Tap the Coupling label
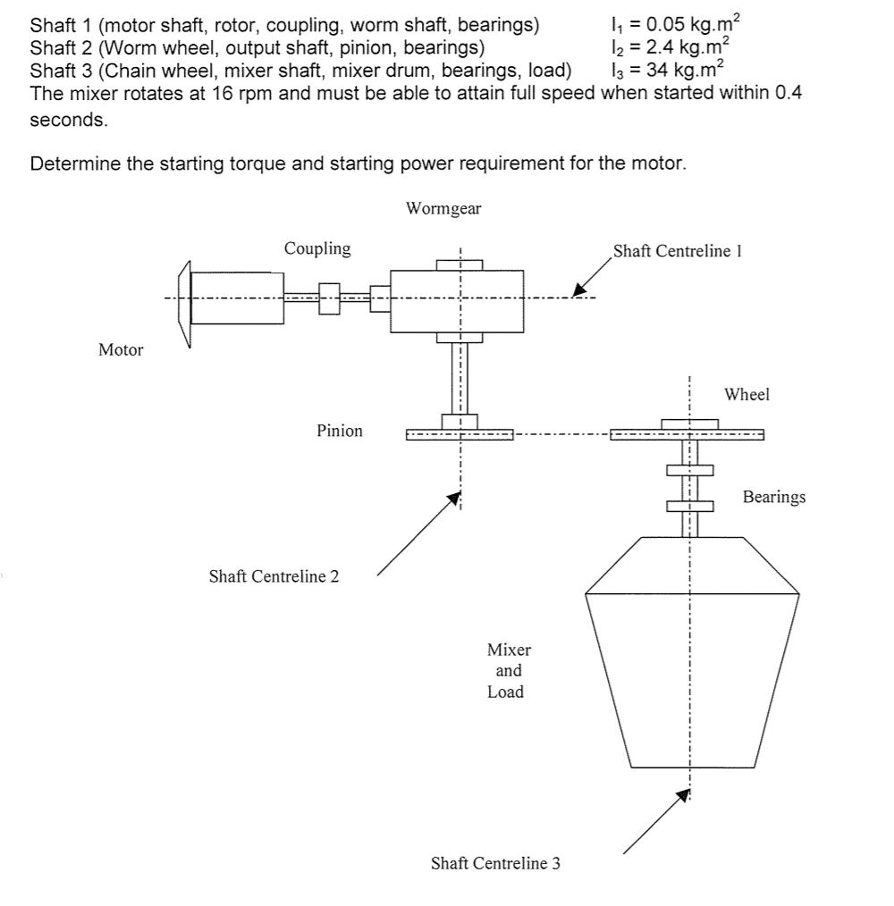click(317, 248)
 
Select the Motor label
click(120, 350)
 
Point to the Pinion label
click(339, 431)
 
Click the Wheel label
click(746, 395)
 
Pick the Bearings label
click(774, 496)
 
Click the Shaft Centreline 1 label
click(677, 252)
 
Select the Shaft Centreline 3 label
click(495, 863)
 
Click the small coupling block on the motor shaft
click(329, 299)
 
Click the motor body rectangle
click(237, 298)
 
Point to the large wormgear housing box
click(456, 302)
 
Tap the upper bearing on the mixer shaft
click(689, 470)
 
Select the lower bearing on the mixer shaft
click(689, 506)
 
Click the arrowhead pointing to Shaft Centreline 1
click(579, 290)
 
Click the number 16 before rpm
click(222, 93)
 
